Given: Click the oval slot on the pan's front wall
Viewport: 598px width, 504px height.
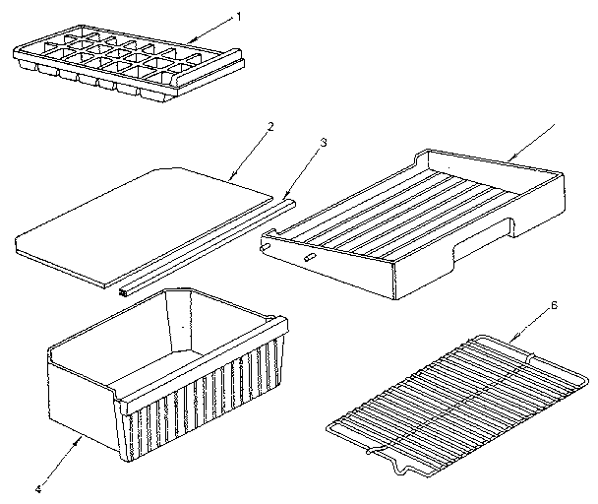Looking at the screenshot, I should (308, 256).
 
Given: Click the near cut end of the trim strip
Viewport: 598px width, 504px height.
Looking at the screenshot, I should (124, 291).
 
